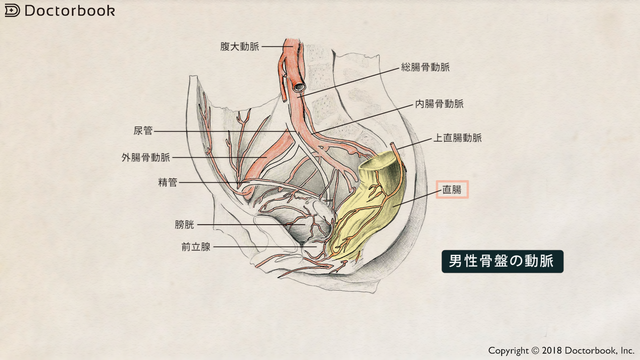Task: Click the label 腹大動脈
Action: tap(242, 46)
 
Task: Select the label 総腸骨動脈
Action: tap(425, 68)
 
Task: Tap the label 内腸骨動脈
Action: tap(439, 103)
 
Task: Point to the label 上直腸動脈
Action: tap(457, 138)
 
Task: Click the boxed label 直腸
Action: tap(452, 188)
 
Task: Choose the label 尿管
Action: tap(142, 130)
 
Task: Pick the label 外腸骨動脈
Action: tap(146, 158)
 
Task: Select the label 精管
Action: tap(167, 183)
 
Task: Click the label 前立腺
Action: tap(196, 246)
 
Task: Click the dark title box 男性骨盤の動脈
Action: tap(503, 262)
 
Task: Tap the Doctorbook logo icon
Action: tap(12, 11)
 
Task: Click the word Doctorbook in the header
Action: tap(69, 11)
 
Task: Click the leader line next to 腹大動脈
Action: tap(272, 46)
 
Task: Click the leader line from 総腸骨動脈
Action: tap(350, 79)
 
